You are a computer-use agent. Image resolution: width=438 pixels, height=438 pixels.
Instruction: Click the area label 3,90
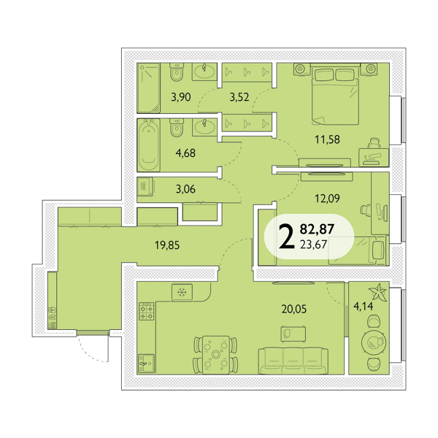click(181, 97)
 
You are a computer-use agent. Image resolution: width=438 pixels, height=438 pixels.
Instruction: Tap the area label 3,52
click(239, 97)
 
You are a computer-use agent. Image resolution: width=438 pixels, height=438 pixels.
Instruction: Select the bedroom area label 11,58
click(327, 139)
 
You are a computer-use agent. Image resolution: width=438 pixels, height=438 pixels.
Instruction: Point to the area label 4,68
click(185, 153)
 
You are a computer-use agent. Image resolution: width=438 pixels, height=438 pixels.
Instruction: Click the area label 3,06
click(185, 189)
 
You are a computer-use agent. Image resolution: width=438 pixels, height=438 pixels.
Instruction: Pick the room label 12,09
click(327, 199)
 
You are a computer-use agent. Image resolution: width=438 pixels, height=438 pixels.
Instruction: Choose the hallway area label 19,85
click(167, 245)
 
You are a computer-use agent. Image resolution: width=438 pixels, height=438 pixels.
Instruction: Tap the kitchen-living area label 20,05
click(294, 310)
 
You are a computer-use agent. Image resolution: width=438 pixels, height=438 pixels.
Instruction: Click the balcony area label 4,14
click(363, 307)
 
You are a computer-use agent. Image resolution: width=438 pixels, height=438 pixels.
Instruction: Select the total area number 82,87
click(317, 229)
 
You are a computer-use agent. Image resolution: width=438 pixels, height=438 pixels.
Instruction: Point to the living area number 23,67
click(313, 245)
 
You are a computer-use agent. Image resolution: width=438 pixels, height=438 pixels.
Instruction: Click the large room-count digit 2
click(287, 237)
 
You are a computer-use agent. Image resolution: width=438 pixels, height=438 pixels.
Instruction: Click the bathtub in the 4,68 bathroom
click(148, 145)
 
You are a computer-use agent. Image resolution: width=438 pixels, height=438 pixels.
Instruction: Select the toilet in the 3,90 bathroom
click(177, 72)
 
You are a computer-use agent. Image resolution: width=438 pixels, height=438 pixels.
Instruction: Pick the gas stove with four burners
click(147, 311)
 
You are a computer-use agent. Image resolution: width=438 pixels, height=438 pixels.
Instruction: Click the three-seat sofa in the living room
click(293, 361)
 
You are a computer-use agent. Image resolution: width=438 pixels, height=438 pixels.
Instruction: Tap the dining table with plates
click(215, 355)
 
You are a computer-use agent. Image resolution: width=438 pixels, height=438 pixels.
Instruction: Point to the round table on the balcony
click(374, 342)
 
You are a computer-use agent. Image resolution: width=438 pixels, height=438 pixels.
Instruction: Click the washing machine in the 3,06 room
click(145, 186)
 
